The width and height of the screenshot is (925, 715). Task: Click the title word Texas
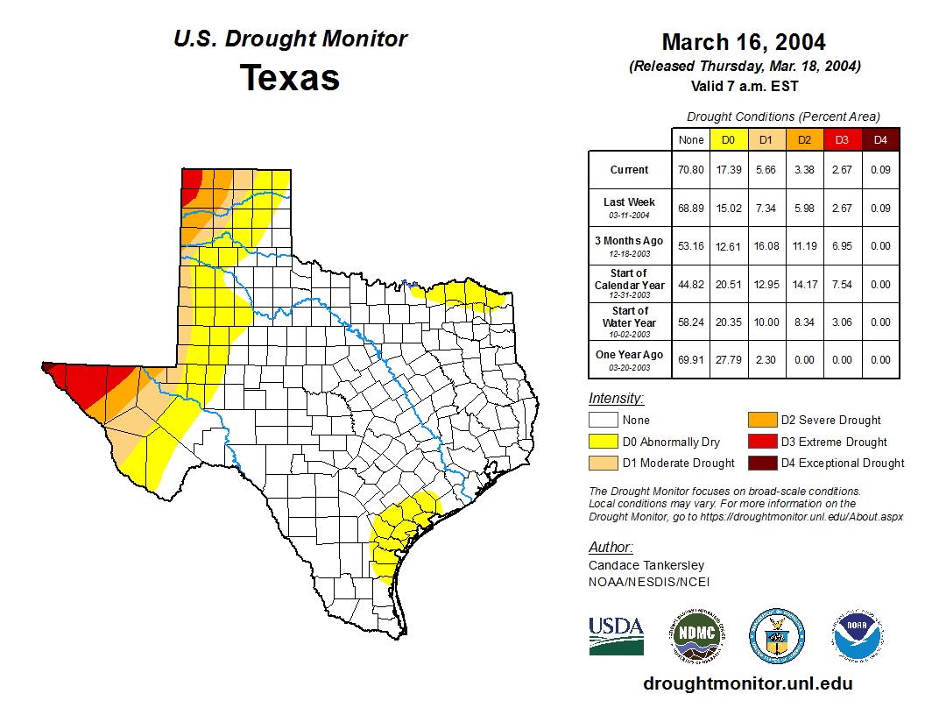coord(290,78)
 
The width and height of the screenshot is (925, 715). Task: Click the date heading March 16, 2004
coord(744,42)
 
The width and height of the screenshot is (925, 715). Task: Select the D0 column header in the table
coord(728,139)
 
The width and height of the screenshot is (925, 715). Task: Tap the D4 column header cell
coord(880,139)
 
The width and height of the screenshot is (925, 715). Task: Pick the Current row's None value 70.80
coord(690,170)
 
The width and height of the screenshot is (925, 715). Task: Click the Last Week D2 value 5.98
coord(803,208)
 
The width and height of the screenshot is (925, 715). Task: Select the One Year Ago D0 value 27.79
coord(728,359)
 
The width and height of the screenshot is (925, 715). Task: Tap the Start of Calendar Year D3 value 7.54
coord(842,284)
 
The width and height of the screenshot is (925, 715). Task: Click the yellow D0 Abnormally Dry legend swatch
coord(603,442)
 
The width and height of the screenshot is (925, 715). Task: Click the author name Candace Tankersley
coord(646,565)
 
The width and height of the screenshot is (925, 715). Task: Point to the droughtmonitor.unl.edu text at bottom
coord(747,683)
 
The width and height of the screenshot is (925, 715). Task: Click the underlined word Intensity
coord(616,399)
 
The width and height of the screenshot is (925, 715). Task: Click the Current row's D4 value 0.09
coord(880,170)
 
